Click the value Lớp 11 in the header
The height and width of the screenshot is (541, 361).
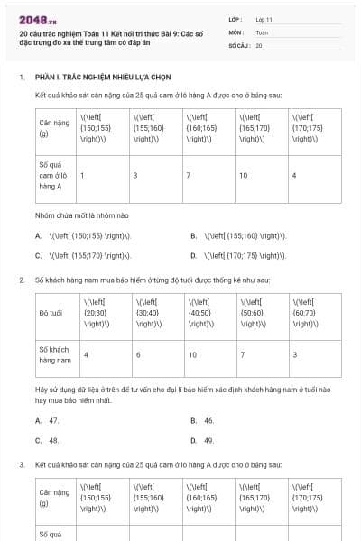pyautogui.click(x=264, y=18)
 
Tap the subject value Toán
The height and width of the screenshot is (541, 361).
pyautogui.click(x=262, y=32)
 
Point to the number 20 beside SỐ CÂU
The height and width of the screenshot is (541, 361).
pyautogui.click(x=259, y=45)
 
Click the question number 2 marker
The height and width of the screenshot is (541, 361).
pyautogui.click(x=21, y=280)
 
